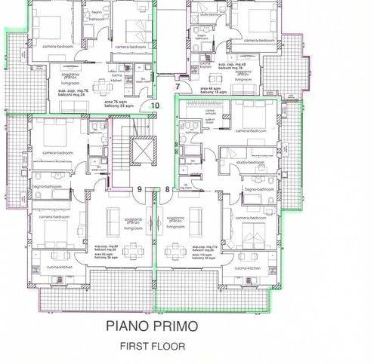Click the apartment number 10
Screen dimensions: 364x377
pyautogui.click(x=155, y=106)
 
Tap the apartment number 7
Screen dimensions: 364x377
pyautogui.click(x=178, y=87)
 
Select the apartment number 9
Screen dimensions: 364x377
pyautogui.click(x=139, y=189)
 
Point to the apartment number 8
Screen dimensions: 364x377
pyautogui.click(x=167, y=189)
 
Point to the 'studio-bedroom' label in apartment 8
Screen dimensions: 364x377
pyautogui.click(x=249, y=162)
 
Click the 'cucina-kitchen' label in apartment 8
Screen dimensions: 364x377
pyautogui.click(x=248, y=268)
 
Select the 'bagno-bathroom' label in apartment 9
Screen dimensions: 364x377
pyautogui.click(x=48, y=185)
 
